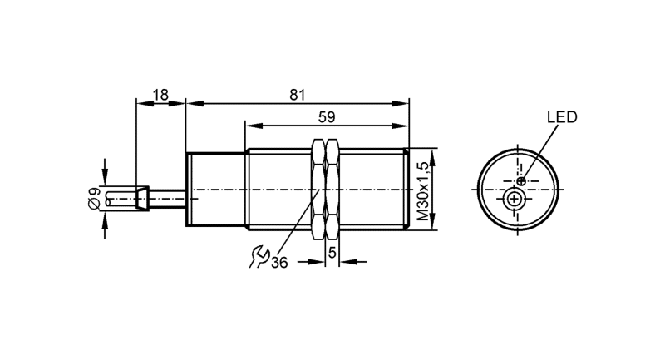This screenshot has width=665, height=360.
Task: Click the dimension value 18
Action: (x=160, y=95)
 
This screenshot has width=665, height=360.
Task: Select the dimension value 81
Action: (x=298, y=95)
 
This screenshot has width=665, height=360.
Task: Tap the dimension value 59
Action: (x=327, y=117)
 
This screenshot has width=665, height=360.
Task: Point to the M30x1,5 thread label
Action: (x=423, y=191)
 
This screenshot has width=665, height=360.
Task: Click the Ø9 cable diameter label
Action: (x=94, y=198)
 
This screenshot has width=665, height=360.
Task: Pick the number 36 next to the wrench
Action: (x=279, y=263)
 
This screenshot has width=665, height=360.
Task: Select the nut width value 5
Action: (x=332, y=253)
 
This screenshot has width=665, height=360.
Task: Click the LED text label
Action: (x=562, y=117)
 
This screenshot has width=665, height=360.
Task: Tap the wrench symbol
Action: (x=259, y=257)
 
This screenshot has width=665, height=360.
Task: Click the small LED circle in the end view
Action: (x=521, y=181)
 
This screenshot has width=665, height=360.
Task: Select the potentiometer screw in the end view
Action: (x=514, y=199)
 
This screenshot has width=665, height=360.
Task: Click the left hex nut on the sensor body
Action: (x=318, y=189)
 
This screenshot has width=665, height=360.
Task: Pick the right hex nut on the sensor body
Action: (x=332, y=189)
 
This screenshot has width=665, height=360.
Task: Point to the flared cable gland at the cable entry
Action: (x=141, y=198)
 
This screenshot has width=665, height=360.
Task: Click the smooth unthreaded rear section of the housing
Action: (x=216, y=189)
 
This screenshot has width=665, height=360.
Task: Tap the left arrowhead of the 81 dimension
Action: (x=195, y=103)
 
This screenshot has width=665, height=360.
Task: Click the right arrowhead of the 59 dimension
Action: (x=400, y=126)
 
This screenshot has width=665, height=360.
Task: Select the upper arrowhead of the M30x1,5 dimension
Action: (x=431, y=157)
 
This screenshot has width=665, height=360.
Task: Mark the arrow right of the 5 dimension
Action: (x=353, y=262)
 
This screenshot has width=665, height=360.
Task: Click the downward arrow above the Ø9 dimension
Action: (x=105, y=172)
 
